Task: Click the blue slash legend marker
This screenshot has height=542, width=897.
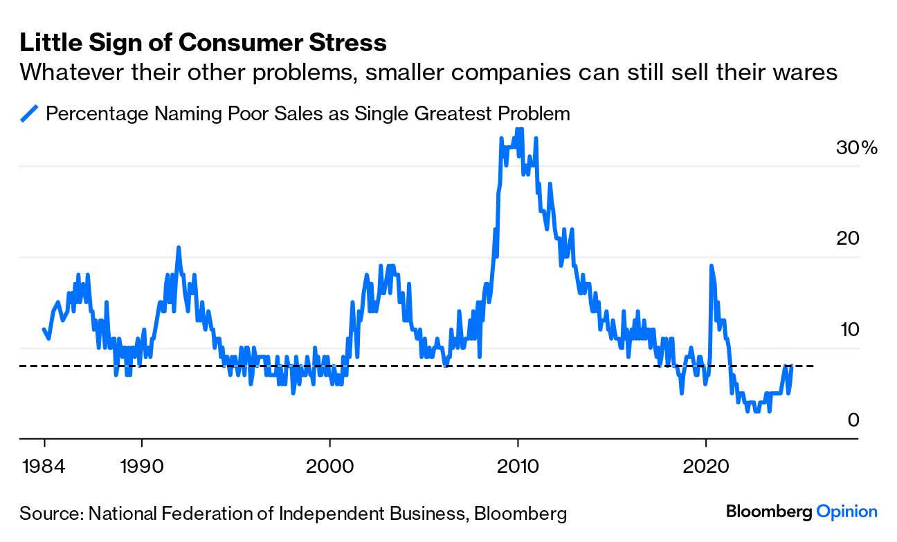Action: (28, 113)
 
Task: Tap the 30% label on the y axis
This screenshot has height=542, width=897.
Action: (855, 147)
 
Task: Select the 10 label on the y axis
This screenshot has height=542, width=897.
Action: (847, 329)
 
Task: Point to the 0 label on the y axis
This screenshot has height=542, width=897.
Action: (853, 420)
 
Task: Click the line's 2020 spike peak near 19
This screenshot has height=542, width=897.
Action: (711, 266)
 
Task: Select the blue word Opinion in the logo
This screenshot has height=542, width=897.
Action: (846, 512)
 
